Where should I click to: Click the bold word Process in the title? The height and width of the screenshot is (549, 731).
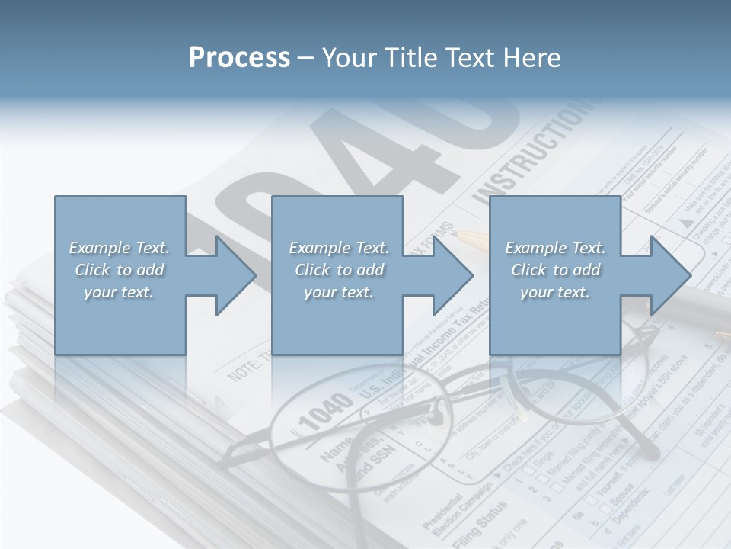(x=239, y=57)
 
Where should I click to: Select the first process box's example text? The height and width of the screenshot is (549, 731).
(x=119, y=270)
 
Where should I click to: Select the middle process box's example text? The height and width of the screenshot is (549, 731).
(x=338, y=270)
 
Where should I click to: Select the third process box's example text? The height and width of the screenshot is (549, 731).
(x=555, y=270)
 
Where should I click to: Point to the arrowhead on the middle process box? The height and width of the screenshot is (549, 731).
(x=450, y=275)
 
